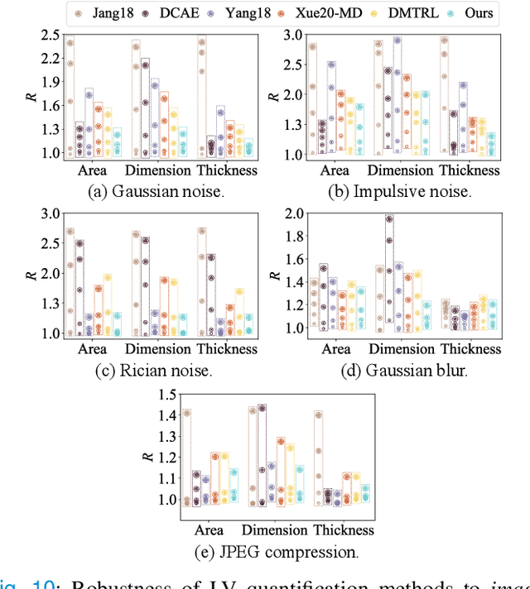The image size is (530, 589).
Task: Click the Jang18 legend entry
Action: [102, 12]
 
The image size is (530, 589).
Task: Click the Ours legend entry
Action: [470, 12]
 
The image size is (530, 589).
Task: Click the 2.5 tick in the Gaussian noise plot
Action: [51, 36]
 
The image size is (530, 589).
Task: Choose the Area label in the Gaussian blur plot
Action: [335, 349]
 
